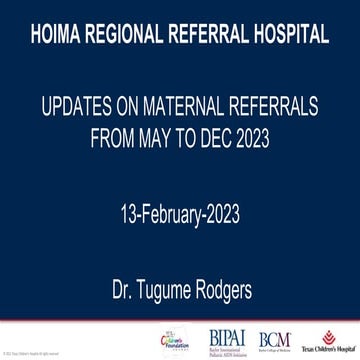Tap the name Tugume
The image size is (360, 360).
[162, 268]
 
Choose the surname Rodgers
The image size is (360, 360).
[227, 268]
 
